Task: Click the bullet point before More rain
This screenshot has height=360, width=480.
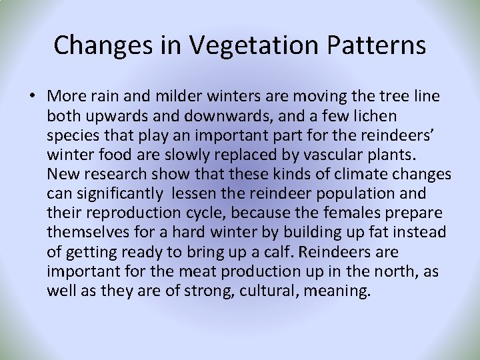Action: (x=32, y=97)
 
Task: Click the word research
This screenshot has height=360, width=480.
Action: (x=115, y=174)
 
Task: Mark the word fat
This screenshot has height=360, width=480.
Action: (x=375, y=232)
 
